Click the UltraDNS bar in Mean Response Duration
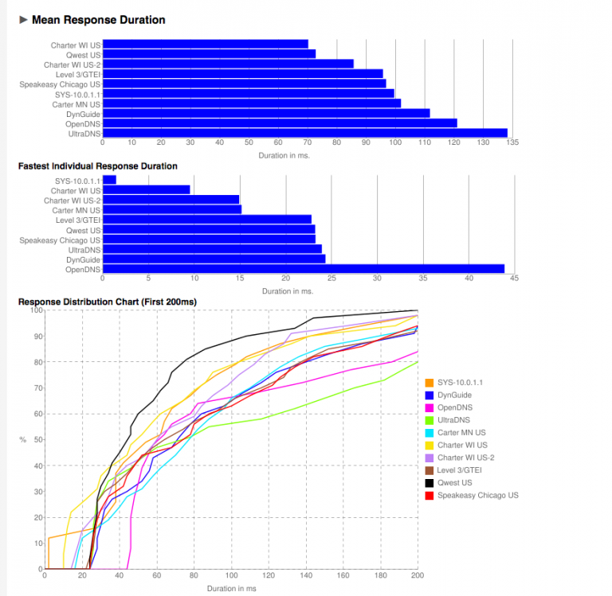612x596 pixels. pyautogui.click(x=305, y=133)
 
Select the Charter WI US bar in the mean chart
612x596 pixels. pyautogui.click(x=206, y=45)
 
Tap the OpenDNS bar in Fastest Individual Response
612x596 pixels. pyautogui.click(x=304, y=269)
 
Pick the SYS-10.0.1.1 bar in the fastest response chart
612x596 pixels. pyautogui.click(x=110, y=180)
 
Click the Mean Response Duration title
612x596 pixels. pyautogui.click(x=98, y=20)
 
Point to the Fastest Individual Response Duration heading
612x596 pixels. pyautogui.click(x=98, y=166)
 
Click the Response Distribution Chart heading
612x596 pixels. pyautogui.click(x=108, y=302)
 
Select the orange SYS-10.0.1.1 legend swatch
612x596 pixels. pyautogui.click(x=430, y=383)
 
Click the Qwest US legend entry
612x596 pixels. pyautogui.click(x=454, y=483)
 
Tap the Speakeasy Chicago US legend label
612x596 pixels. pyautogui.click(x=477, y=496)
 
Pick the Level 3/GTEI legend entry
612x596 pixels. pyautogui.click(x=459, y=470)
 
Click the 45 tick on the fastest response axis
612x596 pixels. pyautogui.click(x=515, y=279)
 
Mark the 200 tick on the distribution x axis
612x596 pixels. pyautogui.click(x=417, y=575)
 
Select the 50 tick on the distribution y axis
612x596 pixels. pyautogui.click(x=36, y=440)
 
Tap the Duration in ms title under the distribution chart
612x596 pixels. pyautogui.click(x=232, y=589)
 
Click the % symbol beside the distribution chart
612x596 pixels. pyautogui.click(x=22, y=440)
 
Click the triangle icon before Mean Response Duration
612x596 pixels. pyautogui.click(x=23, y=20)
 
